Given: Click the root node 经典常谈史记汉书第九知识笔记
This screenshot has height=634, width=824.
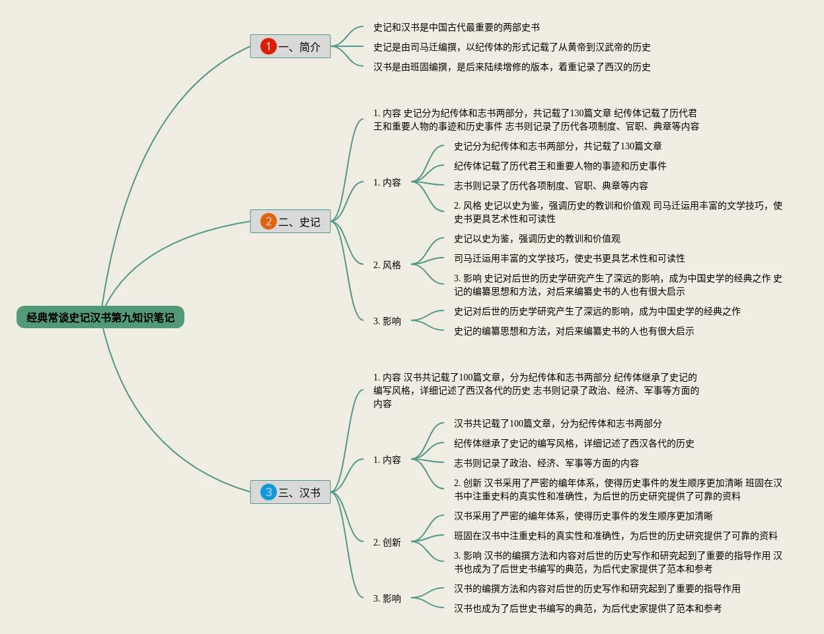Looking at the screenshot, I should (x=100, y=318).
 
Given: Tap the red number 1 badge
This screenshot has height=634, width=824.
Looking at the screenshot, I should (x=268, y=46).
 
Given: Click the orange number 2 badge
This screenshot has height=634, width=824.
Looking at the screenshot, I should (x=268, y=221).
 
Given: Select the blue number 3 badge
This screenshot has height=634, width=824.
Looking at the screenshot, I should (x=268, y=492).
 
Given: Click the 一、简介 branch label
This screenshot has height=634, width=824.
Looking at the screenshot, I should (x=299, y=47).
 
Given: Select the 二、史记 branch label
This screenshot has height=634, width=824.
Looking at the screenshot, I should (x=299, y=222).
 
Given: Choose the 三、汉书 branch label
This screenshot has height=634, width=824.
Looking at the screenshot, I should (x=299, y=493).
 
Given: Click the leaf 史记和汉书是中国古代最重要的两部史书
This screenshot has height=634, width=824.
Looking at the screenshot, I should (x=456, y=27).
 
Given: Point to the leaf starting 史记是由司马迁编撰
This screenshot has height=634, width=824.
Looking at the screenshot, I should (x=511, y=47).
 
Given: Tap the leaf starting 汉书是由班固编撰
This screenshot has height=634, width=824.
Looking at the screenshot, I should (x=511, y=67).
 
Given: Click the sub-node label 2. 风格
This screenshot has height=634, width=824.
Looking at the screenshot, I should (x=387, y=265).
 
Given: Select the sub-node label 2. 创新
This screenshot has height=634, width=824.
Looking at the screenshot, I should (x=387, y=542).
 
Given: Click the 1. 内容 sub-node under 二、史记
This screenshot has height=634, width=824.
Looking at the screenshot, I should (x=387, y=182).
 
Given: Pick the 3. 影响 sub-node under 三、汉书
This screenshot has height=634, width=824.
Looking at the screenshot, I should (x=387, y=598).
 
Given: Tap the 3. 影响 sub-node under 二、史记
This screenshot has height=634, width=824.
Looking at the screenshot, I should (x=387, y=321).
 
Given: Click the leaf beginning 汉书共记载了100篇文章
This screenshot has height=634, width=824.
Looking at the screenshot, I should (x=558, y=423).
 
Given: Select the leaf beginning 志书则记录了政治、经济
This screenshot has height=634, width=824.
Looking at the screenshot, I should (x=546, y=463).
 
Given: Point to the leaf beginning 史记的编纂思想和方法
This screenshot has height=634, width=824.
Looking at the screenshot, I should (x=574, y=331).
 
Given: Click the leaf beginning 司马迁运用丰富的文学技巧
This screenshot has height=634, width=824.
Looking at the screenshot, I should (x=569, y=258).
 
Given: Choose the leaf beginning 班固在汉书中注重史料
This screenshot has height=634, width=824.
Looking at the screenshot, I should (x=615, y=536).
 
